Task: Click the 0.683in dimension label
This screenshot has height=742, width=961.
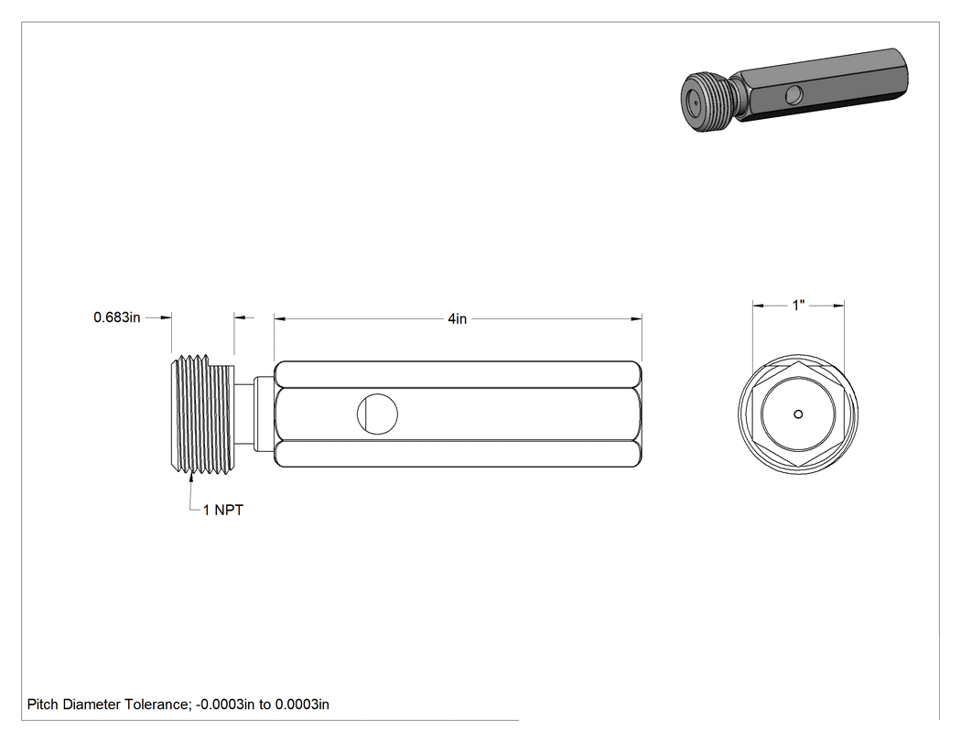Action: pyautogui.click(x=116, y=317)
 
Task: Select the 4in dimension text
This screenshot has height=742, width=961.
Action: pyautogui.click(x=458, y=318)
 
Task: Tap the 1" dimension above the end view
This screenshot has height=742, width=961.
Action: pyautogui.click(x=798, y=306)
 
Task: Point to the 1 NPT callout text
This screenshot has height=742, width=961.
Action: pyautogui.click(x=223, y=510)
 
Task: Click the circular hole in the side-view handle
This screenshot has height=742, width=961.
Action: pyautogui.click(x=377, y=414)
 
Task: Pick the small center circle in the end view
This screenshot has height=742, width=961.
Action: pyautogui.click(x=798, y=414)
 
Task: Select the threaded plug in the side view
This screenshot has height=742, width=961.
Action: pyautogui.click(x=201, y=414)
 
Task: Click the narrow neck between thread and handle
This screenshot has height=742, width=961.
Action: pyautogui.click(x=244, y=414)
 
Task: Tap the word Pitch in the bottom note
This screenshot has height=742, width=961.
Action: pyautogui.click(x=42, y=704)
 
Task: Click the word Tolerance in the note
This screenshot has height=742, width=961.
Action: pyautogui.click(x=157, y=704)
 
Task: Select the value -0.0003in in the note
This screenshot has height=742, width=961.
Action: pyautogui.click(x=225, y=704)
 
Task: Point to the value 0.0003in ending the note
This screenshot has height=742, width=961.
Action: pyautogui.click(x=301, y=704)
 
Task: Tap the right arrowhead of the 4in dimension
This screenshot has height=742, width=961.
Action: pyautogui.click(x=636, y=318)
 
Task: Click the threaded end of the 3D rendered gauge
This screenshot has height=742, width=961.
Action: pyautogui.click(x=706, y=101)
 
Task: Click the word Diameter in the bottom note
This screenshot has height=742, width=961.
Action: pyautogui.click(x=92, y=704)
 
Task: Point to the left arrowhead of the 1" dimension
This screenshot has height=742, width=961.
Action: pyautogui.click(x=758, y=306)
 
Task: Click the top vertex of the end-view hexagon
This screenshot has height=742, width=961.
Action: pyautogui.click(x=798, y=360)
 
